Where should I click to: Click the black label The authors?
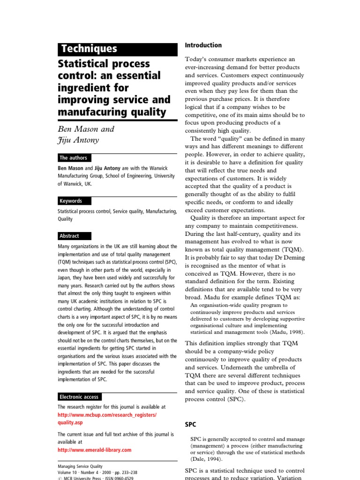(x=73, y=158)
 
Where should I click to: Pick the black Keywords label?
(x=70, y=201)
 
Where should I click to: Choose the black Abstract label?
(x=69, y=236)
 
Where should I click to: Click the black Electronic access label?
(x=79, y=397)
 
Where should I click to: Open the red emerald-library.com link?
(x=94, y=450)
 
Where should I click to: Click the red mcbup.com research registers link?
(x=107, y=415)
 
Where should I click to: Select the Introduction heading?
(x=203, y=45)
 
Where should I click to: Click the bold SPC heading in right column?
(x=190, y=425)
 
